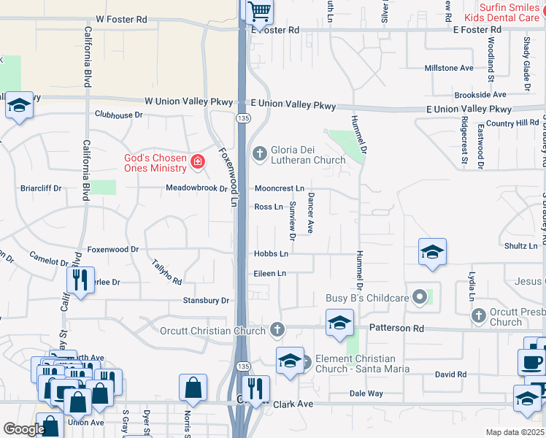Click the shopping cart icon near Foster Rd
point(258,12)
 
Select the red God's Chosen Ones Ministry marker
point(197,162)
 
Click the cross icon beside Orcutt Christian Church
point(277,330)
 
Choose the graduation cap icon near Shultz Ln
point(432,252)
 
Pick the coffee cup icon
point(531,362)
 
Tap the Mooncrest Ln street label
point(279,188)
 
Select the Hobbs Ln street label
point(271,254)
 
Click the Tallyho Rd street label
point(166,272)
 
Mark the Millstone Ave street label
point(449,68)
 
